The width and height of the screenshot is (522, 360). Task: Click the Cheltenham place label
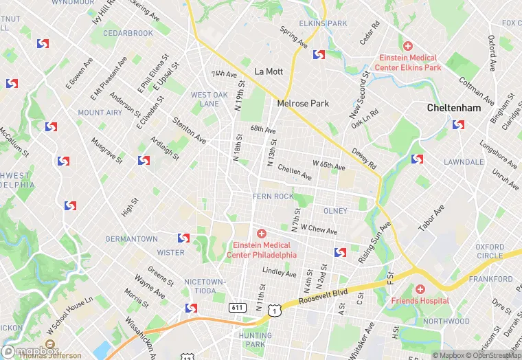[x=454, y=108]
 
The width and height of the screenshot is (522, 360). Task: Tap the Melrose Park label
[x=303, y=104]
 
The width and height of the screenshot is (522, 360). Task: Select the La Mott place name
[x=269, y=71]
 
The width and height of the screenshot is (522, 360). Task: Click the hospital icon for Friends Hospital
[x=420, y=290]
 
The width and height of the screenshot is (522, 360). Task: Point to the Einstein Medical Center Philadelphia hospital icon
[x=262, y=234]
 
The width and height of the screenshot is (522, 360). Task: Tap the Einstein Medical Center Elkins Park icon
[x=408, y=46]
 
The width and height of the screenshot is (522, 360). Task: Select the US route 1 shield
[x=275, y=311]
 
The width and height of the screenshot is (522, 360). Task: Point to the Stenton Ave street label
[x=189, y=129]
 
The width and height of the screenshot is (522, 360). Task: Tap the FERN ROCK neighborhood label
[x=273, y=196]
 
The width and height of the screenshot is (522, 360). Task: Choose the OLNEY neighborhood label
[x=335, y=211]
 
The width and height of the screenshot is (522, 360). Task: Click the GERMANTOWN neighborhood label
[x=131, y=239]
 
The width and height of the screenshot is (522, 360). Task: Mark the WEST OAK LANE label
[x=209, y=100]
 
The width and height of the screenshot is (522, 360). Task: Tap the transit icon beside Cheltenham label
[x=459, y=125]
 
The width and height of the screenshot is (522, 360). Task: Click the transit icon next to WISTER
[x=183, y=238]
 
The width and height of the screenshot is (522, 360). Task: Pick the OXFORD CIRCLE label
[x=490, y=251]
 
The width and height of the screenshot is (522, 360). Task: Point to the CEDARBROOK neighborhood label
[x=128, y=33]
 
